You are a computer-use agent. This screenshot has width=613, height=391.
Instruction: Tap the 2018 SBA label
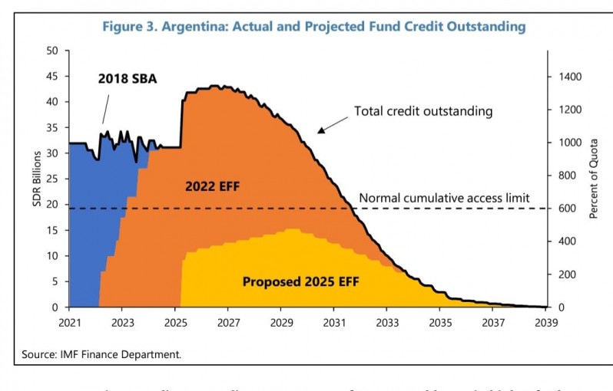click(x=128, y=77)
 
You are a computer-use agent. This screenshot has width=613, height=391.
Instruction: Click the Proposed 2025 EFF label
click(x=300, y=281)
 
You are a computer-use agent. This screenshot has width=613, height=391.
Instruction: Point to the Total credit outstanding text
click(x=422, y=111)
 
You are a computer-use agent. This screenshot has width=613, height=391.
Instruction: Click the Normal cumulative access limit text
click(x=444, y=198)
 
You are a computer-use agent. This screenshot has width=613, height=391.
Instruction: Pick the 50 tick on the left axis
click(x=53, y=51)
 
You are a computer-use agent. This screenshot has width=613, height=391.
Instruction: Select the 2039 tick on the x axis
click(x=546, y=321)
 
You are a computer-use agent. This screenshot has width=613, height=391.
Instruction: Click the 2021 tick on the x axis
click(x=70, y=321)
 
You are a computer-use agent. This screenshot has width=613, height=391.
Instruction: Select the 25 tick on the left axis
click(x=53, y=179)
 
